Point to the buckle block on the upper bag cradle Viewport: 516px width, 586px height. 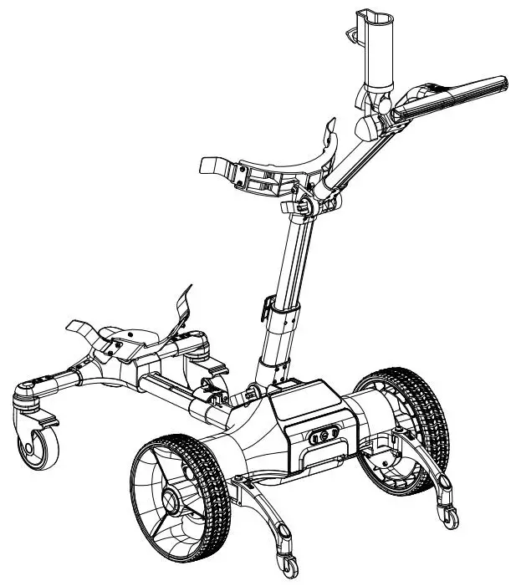click(254, 177)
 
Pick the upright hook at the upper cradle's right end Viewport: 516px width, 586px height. click(330, 134)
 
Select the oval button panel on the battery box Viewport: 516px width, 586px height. click(320, 436)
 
